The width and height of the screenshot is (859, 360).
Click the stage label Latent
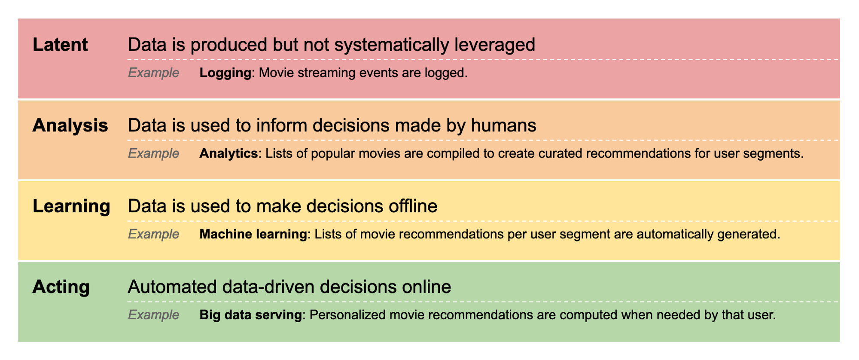(60, 45)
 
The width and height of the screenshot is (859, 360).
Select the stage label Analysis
(70, 125)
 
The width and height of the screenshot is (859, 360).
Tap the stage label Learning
(71, 206)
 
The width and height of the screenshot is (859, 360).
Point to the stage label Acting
(61, 287)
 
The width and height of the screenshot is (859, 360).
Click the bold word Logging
(225, 73)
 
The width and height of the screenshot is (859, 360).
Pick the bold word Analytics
(228, 153)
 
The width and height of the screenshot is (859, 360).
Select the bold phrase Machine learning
(253, 234)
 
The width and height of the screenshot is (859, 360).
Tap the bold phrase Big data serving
(250, 315)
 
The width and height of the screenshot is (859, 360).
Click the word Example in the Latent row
(153, 73)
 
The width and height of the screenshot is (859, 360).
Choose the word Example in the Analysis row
(153, 153)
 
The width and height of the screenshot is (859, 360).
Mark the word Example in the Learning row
(153, 234)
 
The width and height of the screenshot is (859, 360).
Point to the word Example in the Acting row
(153, 315)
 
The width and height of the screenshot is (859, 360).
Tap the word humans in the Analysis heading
(503, 125)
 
